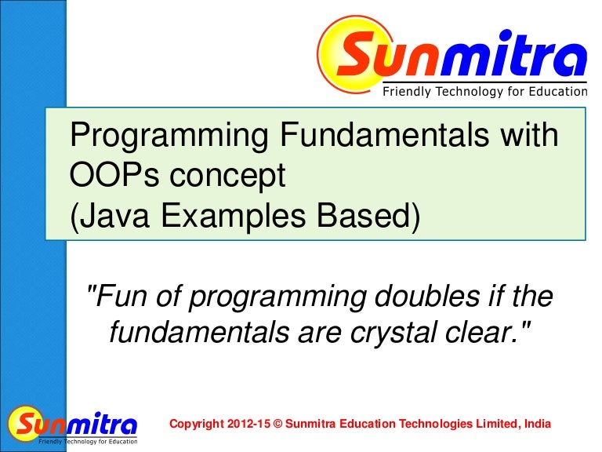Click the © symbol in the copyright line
click(278, 425)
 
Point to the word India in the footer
click(537, 425)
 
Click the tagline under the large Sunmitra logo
click(484, 92)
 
